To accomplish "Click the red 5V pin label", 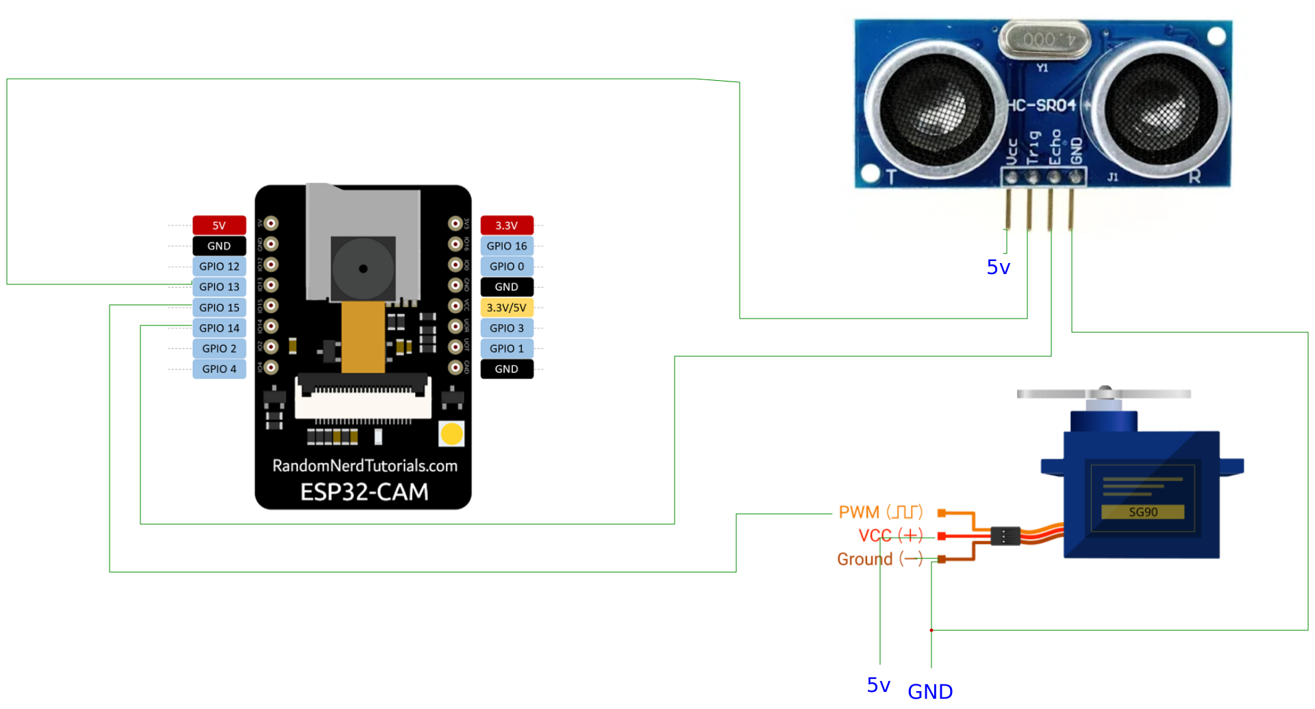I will tap(219, 225).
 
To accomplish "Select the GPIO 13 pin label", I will tap(219, 287).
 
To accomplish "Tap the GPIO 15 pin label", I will tap(219, 308).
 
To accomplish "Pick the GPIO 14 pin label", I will tap(219, 328).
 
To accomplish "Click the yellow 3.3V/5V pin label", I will tap(506, 308).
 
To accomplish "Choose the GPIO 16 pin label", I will tap(506, 246).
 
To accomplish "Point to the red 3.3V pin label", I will tap(506, 225).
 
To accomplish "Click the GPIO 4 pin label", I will tap(219, 369).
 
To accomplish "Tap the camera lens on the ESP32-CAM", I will tap(363, 269).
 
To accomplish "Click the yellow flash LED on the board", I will tap(451, 434).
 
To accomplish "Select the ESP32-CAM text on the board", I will tap(364, 492).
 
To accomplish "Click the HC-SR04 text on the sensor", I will tap(1042, 105).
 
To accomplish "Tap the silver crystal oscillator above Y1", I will tap(1044, 40).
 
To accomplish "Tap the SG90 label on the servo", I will tap(1142, 512).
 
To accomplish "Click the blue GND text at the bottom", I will tap(930, 692).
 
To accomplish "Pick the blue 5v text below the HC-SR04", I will tap(998, 267).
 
